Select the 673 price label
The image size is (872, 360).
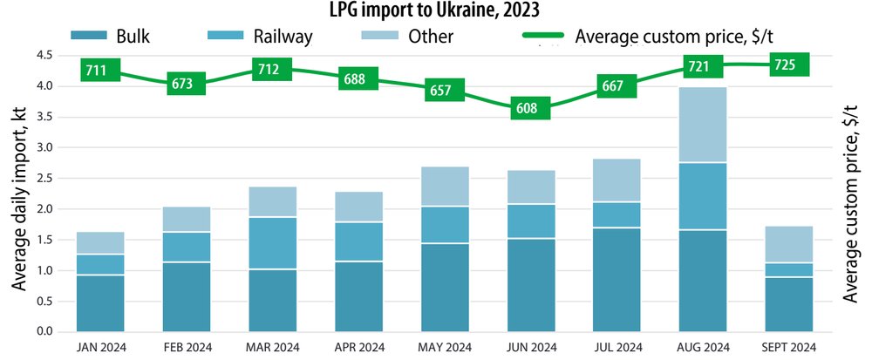pos(187,84)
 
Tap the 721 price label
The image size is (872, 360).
pos(702,65)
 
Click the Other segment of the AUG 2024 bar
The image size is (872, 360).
pos(703,125)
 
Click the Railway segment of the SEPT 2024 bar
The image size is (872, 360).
pos(788,269)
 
